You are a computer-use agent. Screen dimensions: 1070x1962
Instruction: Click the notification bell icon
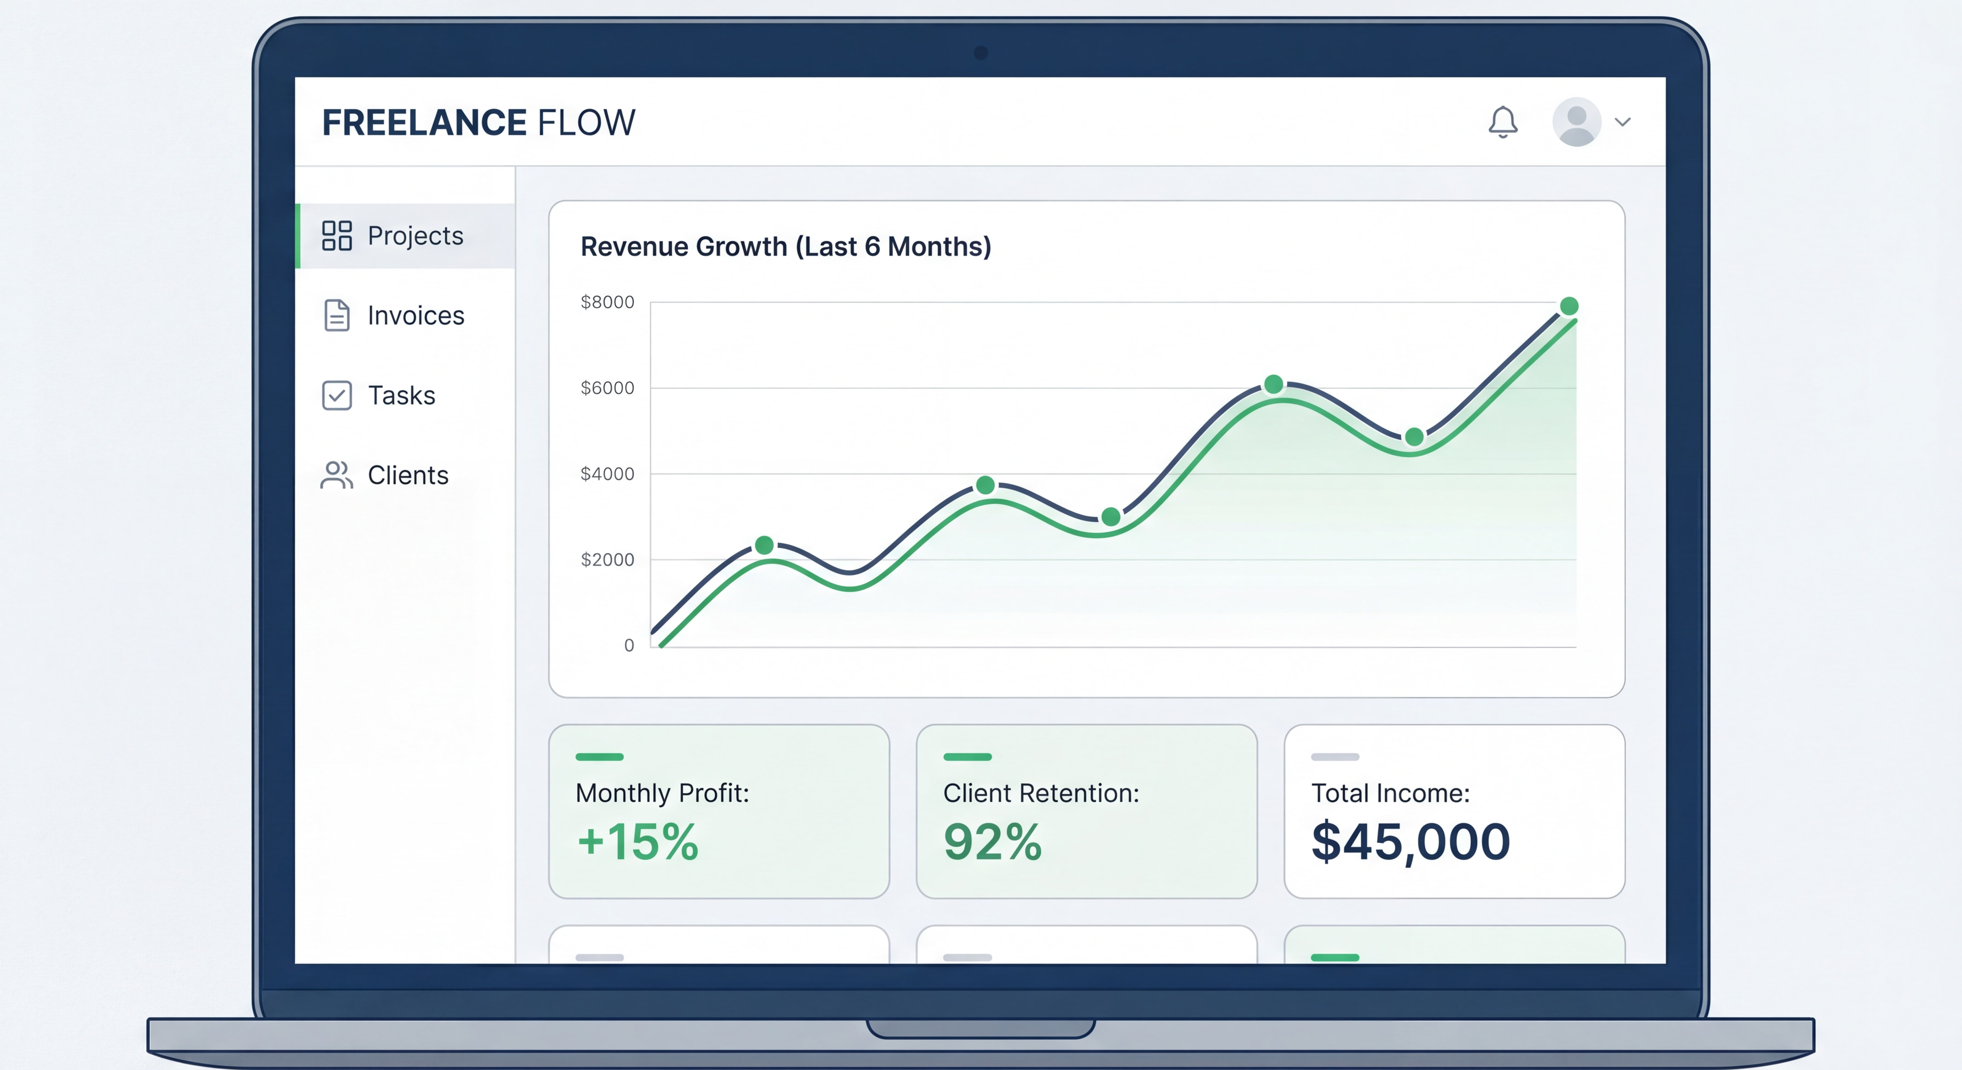1503,122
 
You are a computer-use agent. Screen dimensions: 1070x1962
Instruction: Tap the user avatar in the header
1576,122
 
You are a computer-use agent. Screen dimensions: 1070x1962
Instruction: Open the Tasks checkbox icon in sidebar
337,395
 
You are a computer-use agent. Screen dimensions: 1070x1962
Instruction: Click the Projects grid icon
337,235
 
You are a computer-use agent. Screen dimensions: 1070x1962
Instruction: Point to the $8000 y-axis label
607,302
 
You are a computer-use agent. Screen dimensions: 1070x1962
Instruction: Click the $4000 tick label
607,474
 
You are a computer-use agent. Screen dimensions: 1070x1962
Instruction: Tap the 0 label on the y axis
629,645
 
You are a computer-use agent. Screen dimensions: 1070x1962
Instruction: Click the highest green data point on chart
1569,306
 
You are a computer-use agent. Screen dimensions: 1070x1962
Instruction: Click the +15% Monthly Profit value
638,842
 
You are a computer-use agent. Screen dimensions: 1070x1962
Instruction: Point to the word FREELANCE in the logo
424,123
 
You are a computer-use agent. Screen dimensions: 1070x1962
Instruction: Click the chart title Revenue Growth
785,247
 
